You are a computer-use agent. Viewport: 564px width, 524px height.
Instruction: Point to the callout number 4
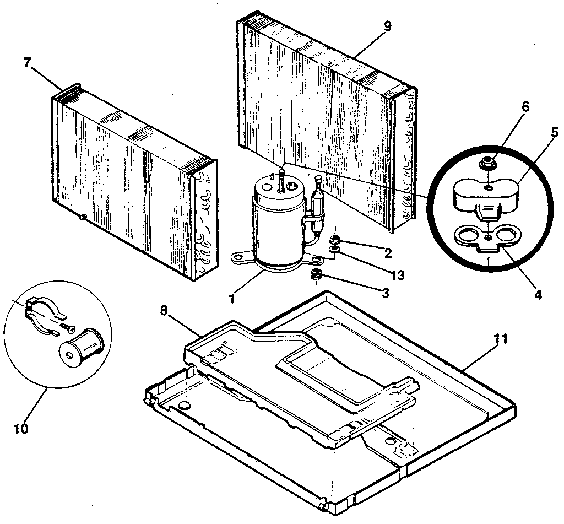click(537, 295)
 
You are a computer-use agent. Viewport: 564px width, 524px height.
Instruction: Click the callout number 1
click(232, 299)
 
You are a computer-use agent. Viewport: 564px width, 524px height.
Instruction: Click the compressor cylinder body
click(275, 226)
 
